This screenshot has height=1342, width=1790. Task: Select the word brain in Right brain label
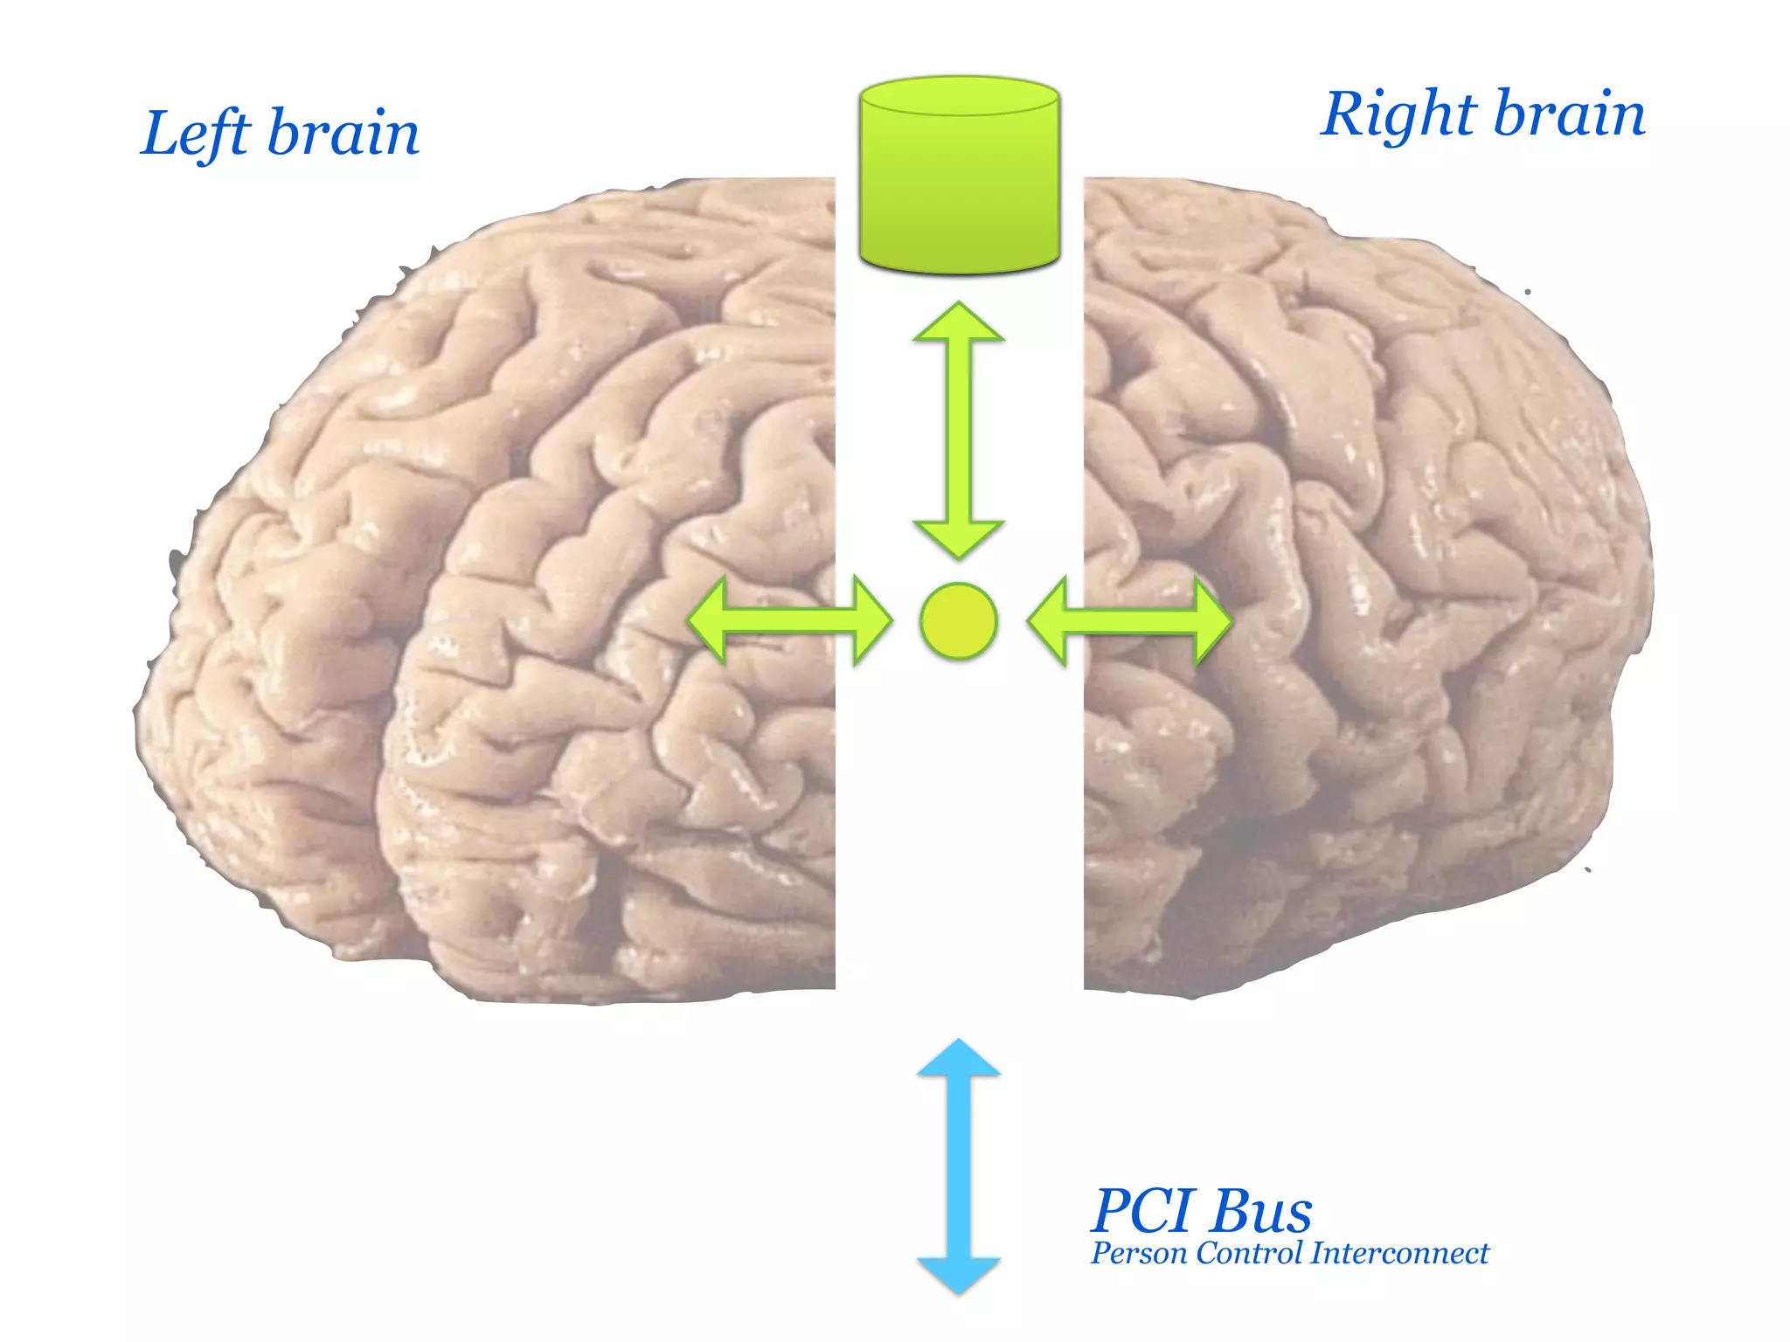1569,114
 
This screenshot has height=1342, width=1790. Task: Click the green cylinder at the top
959,188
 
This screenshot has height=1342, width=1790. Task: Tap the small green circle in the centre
959,620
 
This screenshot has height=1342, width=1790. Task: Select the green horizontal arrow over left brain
789,621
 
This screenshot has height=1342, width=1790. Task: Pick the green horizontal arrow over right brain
1129,621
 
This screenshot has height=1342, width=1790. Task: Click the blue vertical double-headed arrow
959,1166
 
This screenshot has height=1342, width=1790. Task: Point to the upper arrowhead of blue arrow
959,1059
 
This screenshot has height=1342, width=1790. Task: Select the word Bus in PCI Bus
1261,1211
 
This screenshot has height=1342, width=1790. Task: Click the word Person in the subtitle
1138,1254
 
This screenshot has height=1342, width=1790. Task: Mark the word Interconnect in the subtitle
1399,1254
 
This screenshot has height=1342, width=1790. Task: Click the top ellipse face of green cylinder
959,96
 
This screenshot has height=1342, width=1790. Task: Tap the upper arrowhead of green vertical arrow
959,322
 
